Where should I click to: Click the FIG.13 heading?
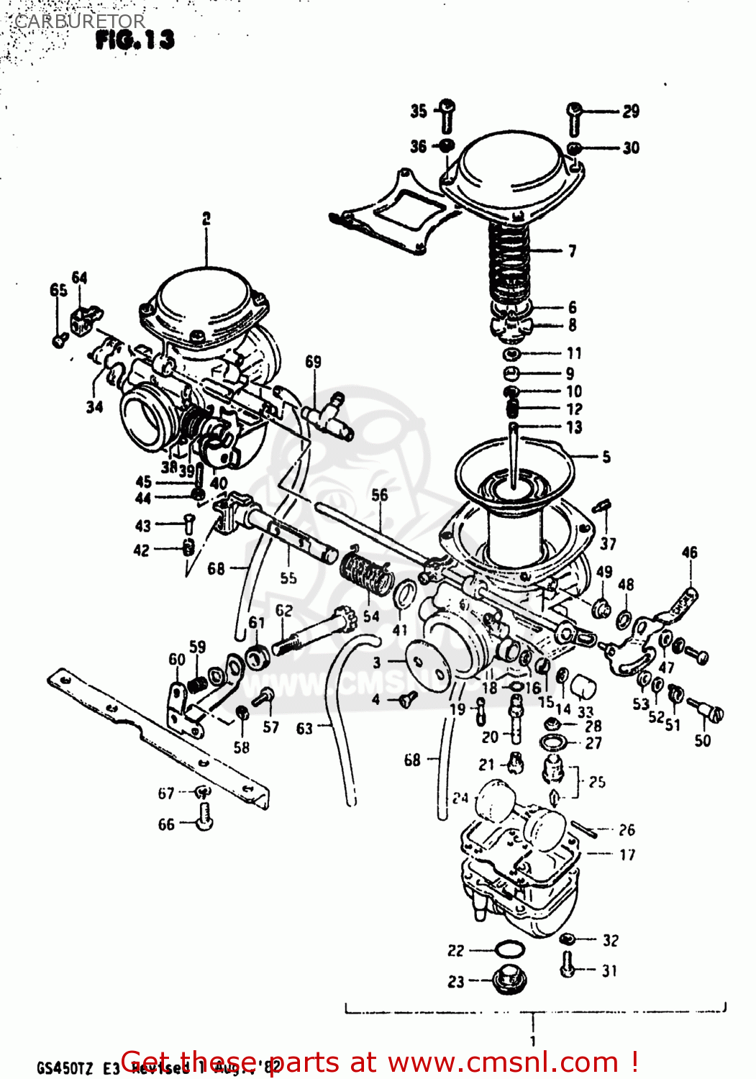click(135, 40)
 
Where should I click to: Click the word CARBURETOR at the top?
click(79, 22)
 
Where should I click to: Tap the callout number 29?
click(630, 111)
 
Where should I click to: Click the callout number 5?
click(606, 457)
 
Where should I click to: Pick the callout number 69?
click(313, 362)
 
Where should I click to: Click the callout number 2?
click(206, 219)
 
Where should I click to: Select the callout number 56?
click(379, 495)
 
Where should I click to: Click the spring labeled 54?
click(367, 573)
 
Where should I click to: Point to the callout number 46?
click(689, 552)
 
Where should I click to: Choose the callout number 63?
click(304, 729)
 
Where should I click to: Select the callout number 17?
click(627, 855)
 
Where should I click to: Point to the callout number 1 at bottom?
click(532, 1041)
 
